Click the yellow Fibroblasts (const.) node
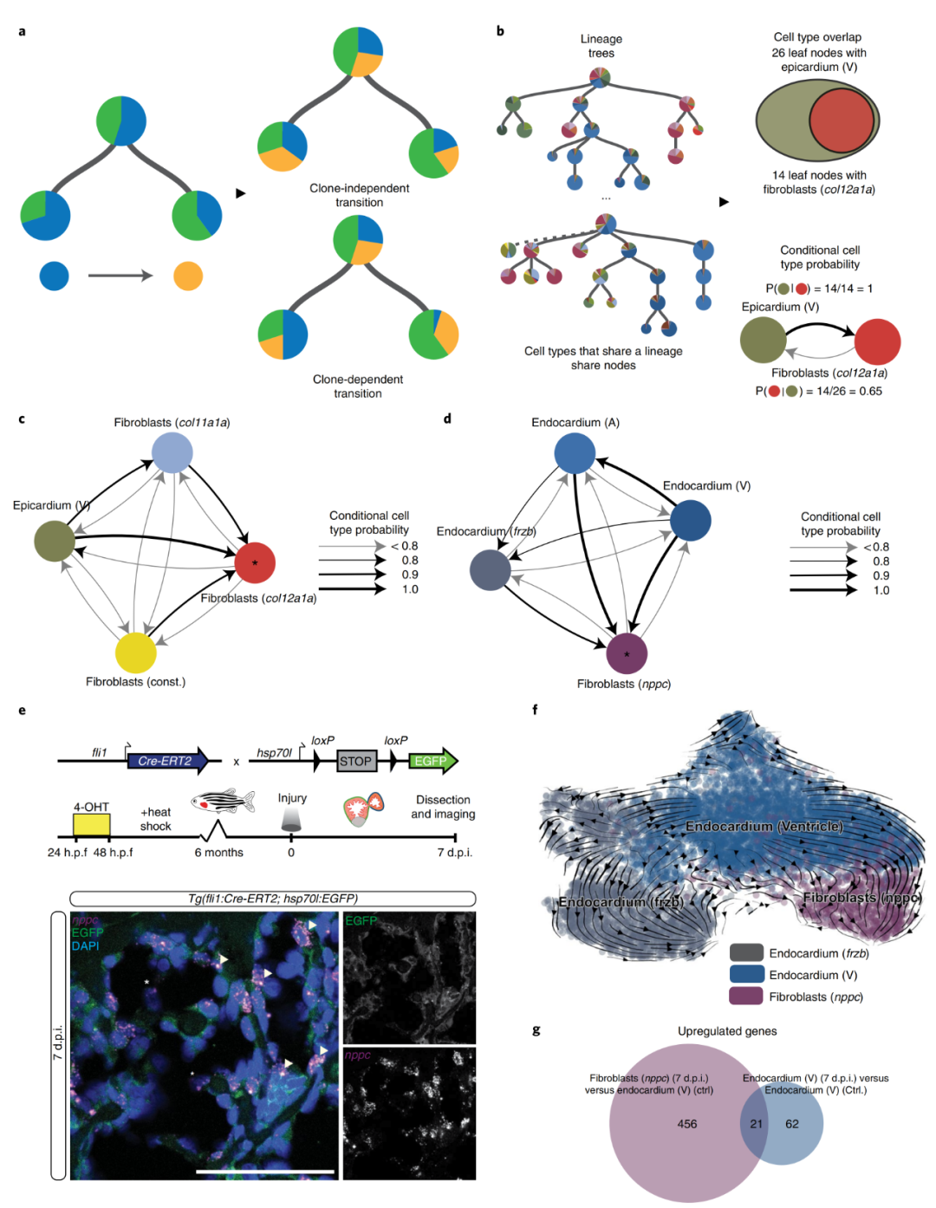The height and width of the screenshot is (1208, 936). tap(136, 653)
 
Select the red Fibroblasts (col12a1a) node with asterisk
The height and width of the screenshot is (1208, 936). tap(255, 562)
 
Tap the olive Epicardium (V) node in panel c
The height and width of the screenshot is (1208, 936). tap(55, 541)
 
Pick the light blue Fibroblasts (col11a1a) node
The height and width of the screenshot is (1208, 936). tap(172, 452)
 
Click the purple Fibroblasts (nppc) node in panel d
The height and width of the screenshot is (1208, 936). tap(627, 653)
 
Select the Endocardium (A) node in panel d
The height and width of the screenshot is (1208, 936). tap(575, 453)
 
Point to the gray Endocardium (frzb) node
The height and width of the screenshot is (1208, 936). tap(490, 570)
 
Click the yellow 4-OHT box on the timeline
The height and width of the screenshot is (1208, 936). tap(92, 825)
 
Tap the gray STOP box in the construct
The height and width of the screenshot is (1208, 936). tap(355, 761)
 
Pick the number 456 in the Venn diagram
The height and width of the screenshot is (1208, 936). tap(687, 1124)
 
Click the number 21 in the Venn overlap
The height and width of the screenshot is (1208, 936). tap(757, 1124)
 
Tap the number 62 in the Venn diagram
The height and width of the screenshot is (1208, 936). tap(792, 1124)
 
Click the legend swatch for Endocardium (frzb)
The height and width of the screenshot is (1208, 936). tap(746, 953)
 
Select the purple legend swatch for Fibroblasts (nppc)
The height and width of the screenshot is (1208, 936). tap(746, 997)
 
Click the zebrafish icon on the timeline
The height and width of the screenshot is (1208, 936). tap(223, 801)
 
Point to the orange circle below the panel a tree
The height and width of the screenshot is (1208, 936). tap(188, 276)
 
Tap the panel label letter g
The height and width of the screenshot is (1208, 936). tap(536, 1030)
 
